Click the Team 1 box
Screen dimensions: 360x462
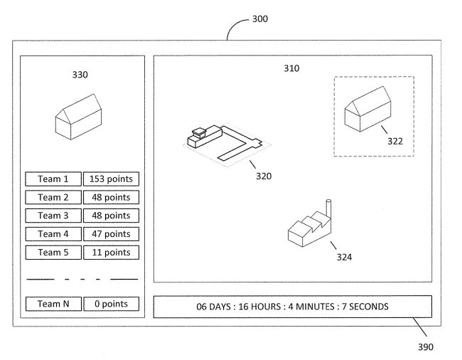tap(53, 179)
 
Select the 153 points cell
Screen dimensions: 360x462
tap(112, 179)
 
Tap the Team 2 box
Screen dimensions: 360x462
tap(53, 197)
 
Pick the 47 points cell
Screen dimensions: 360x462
tap(112, 233)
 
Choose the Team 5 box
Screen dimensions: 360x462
tap(53, 252)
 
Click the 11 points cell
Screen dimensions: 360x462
tap(112, 252)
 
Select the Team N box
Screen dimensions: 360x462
tap(53, 304)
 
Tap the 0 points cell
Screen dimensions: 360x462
tap(112, 304)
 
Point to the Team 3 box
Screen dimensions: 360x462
tap(53, 216)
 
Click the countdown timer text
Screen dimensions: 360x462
tap(292, 307)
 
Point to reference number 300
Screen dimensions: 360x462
tap(259, 19)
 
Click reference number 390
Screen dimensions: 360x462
tap(426, 347)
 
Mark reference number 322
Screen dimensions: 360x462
tap(395, 140)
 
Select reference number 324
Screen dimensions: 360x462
tap(344, 257)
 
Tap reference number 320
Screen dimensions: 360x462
tap(263, 175)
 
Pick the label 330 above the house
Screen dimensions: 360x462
tap(80, 73)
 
